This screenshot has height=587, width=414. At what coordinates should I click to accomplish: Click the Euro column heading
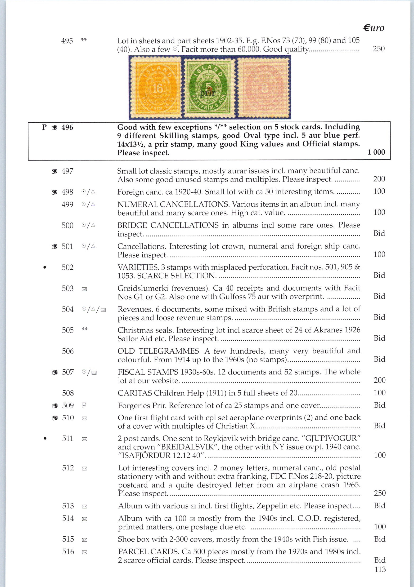373,28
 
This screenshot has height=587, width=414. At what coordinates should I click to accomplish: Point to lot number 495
67,41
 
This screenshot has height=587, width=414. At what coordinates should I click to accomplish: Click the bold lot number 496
67,127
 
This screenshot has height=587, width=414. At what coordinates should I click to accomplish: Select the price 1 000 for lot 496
376,152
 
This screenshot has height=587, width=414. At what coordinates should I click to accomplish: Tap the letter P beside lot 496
44,127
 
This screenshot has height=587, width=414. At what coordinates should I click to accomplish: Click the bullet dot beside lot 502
45,268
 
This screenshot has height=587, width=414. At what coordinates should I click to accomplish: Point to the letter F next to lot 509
84,405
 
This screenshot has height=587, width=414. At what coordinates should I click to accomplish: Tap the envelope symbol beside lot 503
84,289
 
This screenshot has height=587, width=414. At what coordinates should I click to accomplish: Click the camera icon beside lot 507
55,373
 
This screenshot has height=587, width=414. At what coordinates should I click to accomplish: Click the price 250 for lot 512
379,493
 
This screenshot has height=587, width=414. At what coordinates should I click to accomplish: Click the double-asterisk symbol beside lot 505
85,329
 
